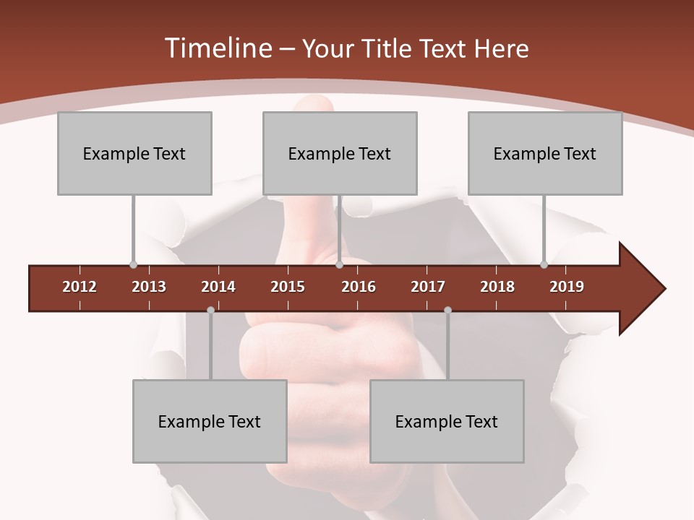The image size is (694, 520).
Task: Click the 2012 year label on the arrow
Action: click(x=80, y=287)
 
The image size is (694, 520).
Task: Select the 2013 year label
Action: click(x=149, y=287)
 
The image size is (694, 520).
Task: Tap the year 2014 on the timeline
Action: click(x=218, y=287)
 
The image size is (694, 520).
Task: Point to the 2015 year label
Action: click(x=288, y=287)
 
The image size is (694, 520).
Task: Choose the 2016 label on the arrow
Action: click(x=359, y=287)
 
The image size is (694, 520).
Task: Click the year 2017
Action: click(x=428, y=287)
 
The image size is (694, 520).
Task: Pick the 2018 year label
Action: click(x=497, y=287)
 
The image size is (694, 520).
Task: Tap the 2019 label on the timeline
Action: click(x=567, y=287)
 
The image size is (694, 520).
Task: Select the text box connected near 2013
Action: click(x=134, y=153)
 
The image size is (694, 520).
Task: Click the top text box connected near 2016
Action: click(x=340, y=153)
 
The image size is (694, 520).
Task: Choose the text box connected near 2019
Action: click(x=545, y=153)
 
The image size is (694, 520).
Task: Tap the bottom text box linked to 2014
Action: click(x=210, y=421)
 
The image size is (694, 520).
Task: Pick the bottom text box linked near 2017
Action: click(x=447, y=421)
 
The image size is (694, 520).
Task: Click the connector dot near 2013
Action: click(x=133, y=265)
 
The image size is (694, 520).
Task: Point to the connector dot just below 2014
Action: click(x=210, y=310)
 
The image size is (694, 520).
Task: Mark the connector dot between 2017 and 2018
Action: click(x=447, y=310)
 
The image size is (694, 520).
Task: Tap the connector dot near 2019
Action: click(x=544, y=265)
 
